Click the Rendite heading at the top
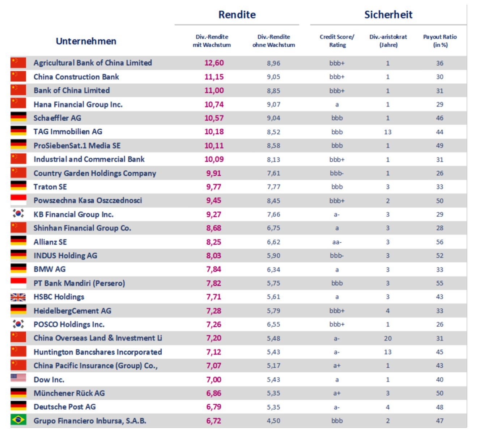237,14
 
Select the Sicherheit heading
388,14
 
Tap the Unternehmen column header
86,41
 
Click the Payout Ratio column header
440,41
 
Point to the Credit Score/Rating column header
337,41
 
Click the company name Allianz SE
50,242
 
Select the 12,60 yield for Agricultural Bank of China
214,63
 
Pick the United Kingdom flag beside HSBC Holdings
18,297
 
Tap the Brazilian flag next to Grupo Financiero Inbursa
18,420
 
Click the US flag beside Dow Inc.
18,379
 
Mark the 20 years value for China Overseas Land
388,338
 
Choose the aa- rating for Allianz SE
337,242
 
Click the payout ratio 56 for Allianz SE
439,242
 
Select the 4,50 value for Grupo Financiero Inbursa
273,421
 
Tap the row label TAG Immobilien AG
68,132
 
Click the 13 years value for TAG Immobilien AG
388,132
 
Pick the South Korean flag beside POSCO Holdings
18,324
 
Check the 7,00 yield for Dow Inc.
214,380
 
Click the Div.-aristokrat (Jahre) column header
388,41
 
